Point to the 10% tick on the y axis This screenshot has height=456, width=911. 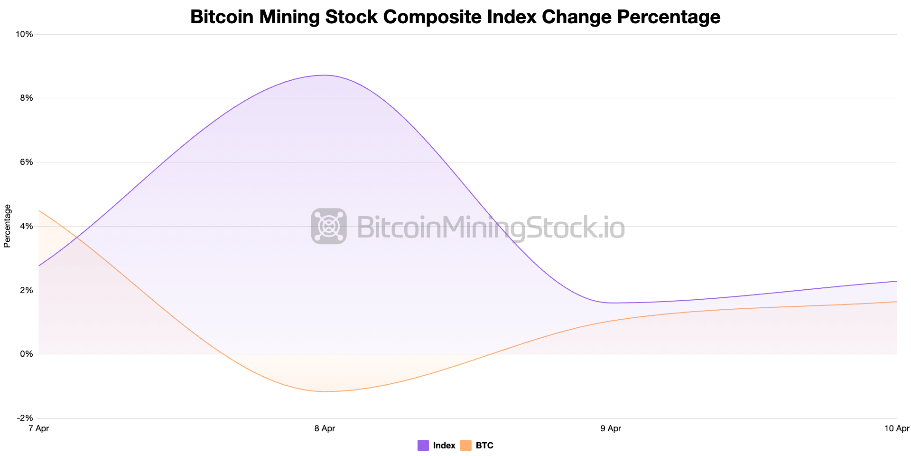coord(25,34)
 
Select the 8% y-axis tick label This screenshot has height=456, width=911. coord(27,98)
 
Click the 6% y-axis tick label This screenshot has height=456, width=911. coord(27,162)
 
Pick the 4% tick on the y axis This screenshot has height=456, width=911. coord(27,226)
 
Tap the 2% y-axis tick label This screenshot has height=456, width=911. coord(27,290)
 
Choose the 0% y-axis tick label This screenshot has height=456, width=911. coord(27,354)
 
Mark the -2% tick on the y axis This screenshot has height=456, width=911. coord(25,418)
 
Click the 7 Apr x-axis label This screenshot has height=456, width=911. coord(39,429)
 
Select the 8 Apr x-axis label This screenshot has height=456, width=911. coord(325,429)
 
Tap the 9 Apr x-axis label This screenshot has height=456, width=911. coord(611,429)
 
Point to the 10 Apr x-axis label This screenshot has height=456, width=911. coord(897,429)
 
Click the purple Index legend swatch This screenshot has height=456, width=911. coord(423,446)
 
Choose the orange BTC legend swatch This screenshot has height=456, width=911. coord(466,446)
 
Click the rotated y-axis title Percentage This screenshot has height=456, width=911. coord(7,226)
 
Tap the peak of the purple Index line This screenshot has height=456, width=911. coord(325,75)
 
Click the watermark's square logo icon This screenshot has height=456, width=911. coord(329,226)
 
